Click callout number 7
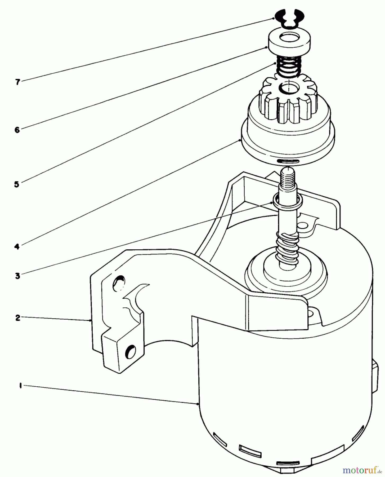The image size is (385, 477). (x=17, y=82)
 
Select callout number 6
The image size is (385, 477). (x=17, y=130)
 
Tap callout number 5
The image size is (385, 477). (x=17, y=184)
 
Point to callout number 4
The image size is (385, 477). (x=17, y=247)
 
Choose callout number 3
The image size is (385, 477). (x=17, y=276)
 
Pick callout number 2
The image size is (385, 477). (x=17, y=317)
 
